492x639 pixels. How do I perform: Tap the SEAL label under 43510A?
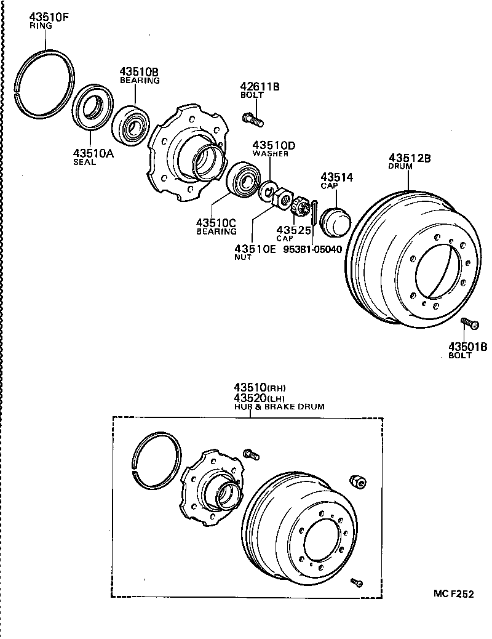84,163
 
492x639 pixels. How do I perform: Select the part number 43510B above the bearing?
139,71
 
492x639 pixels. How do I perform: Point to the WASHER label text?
270,154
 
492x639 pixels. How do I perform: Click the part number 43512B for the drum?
409,158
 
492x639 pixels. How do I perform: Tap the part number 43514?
336,177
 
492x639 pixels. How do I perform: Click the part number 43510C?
216,223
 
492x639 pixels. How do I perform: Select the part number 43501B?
467,347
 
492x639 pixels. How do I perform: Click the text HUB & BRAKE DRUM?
279,407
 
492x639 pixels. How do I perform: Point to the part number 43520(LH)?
260,398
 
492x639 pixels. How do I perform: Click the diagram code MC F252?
453,594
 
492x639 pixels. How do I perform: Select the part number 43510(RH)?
260,388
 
